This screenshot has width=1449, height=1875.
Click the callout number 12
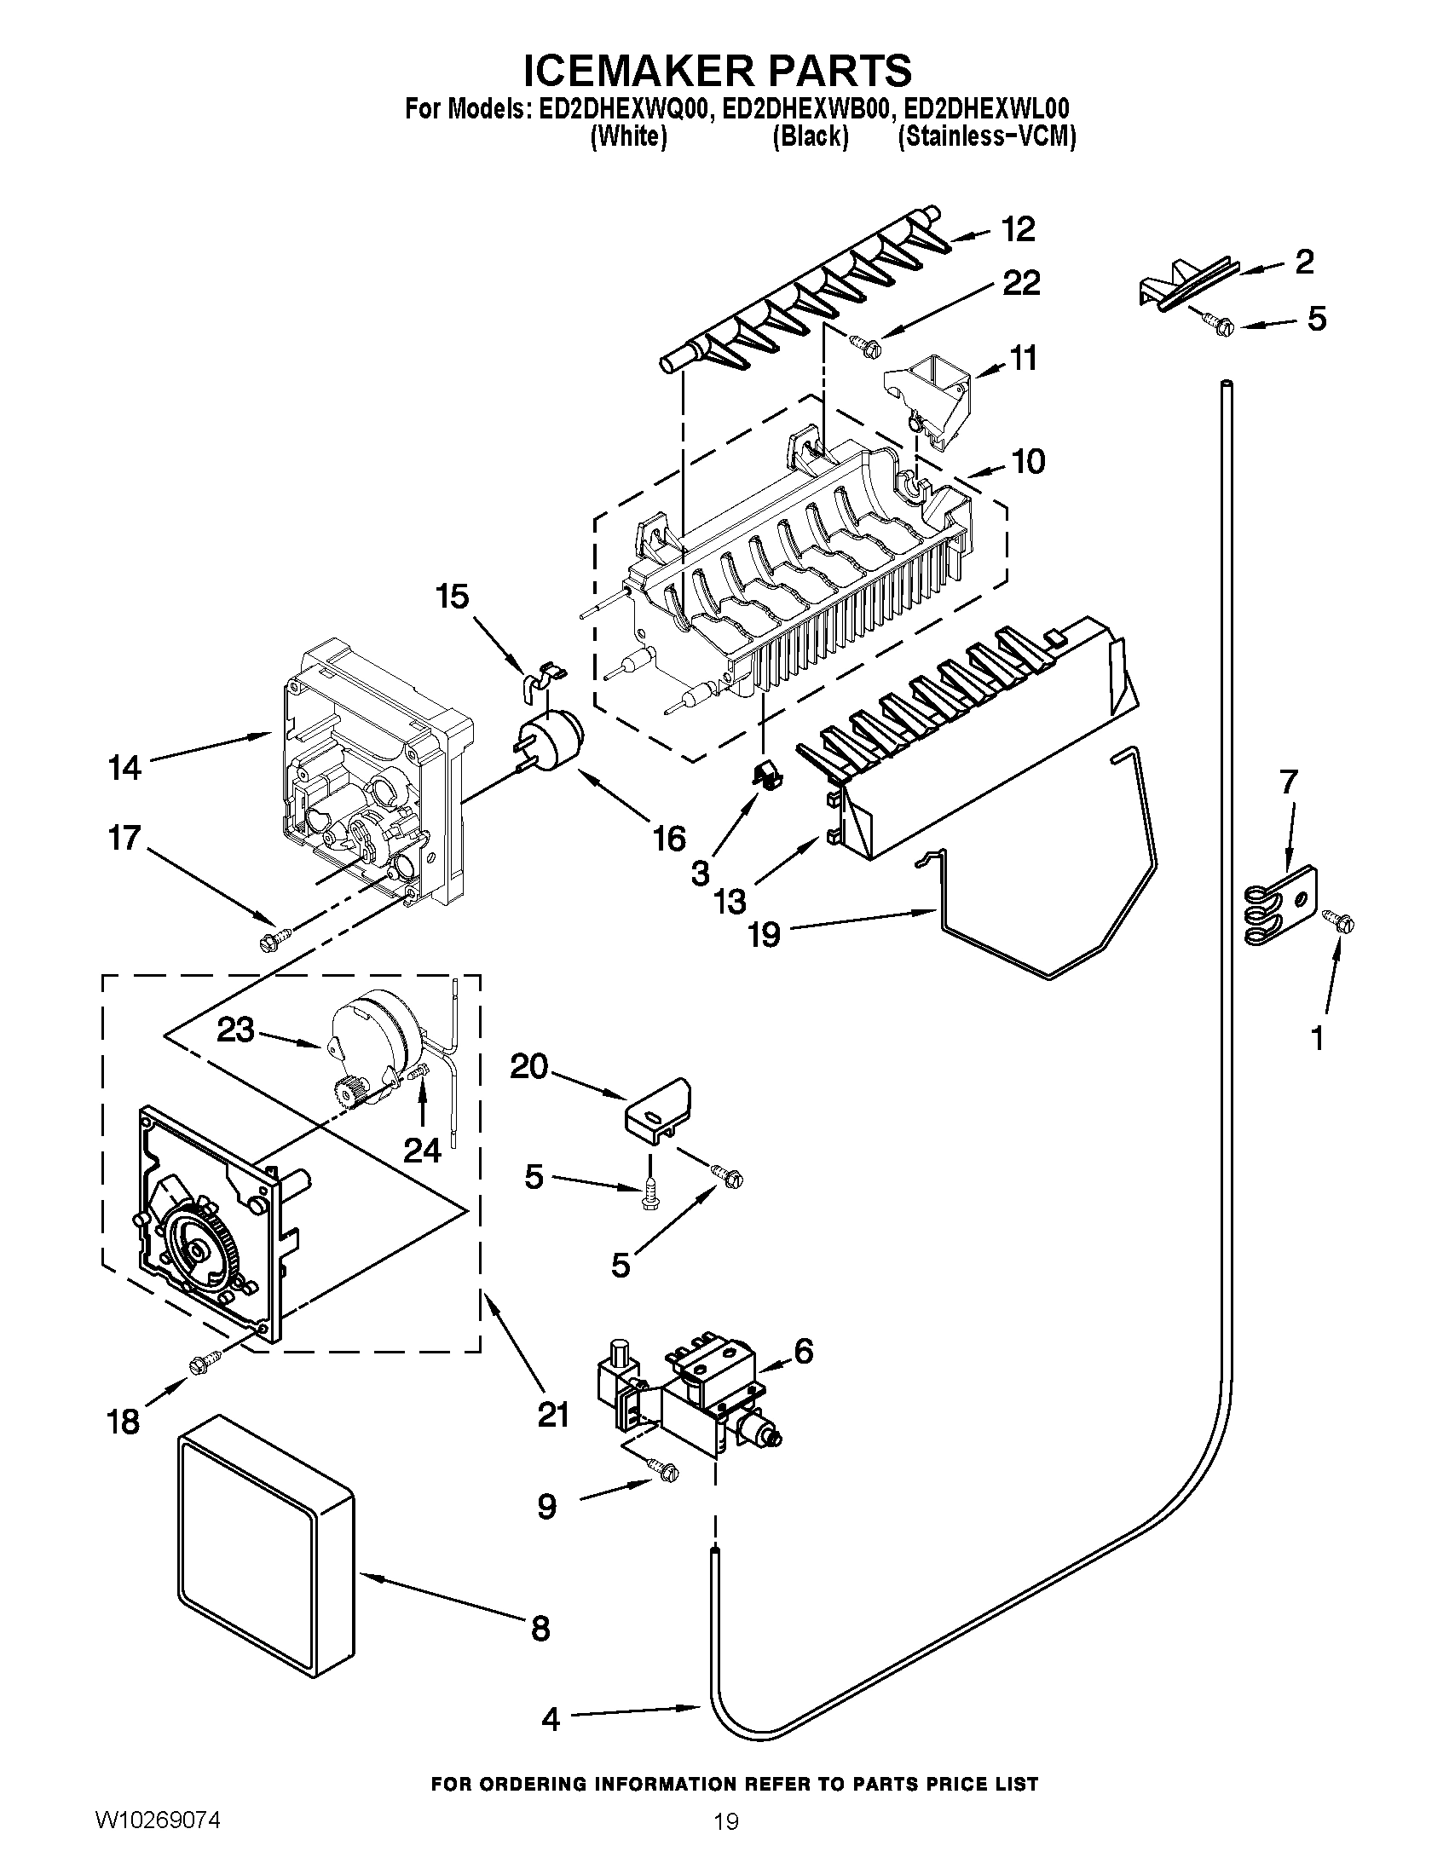1018,229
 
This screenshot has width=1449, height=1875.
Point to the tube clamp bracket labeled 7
1281,906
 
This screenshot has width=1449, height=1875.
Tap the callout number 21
554,1414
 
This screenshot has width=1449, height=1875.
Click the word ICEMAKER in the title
634,71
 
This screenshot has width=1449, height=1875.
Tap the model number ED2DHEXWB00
811,109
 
